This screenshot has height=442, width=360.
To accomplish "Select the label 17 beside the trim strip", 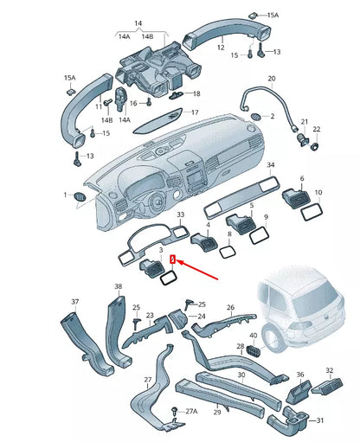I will (x=194, y=112).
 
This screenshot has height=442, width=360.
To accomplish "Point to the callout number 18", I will (x=196, y=93).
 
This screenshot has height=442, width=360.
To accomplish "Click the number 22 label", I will (x=316, y=130).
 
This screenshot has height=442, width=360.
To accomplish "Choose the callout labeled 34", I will (x=270, y=164).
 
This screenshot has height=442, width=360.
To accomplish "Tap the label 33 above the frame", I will (x=180, y=215).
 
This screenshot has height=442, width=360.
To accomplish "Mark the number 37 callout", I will (x=74, y=302).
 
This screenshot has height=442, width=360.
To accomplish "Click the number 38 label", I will (x=118, y=286).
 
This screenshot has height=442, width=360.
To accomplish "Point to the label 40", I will (x=254, y=335).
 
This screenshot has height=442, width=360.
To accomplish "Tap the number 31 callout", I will (x=319, y=420).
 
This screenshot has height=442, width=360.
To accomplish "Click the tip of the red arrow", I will (x=177, y=259).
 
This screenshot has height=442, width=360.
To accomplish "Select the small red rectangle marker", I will (x=172, y=259).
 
